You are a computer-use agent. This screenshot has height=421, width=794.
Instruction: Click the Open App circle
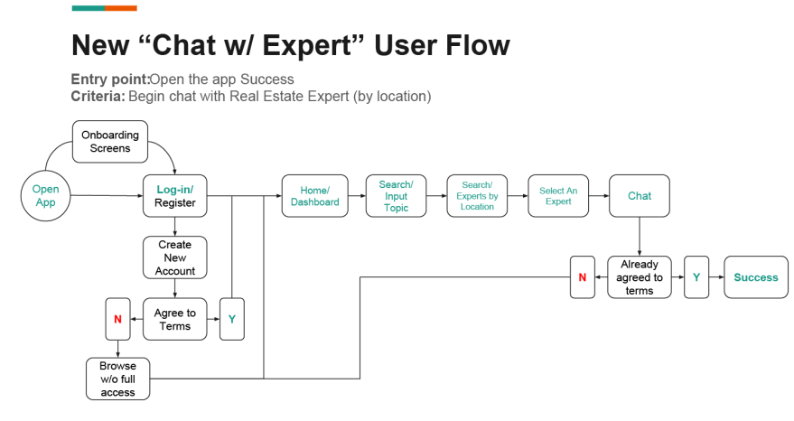click(x=45, y=196)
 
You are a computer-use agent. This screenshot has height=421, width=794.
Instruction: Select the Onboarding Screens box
click(x=111, y=142)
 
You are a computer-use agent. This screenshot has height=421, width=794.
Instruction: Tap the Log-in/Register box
click(x=174, y=196)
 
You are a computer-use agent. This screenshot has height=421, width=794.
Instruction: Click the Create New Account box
click(x=174, y=257)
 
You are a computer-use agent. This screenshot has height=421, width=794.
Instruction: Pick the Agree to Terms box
click(x=174, y=320)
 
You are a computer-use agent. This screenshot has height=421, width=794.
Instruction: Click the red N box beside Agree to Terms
click(x=117, y=319)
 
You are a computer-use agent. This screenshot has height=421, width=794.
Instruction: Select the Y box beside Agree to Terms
click(x=231, y=319)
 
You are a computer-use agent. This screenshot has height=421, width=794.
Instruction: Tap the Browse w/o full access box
click(x=117, y=379)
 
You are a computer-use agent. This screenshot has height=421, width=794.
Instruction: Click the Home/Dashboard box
click(x=314, y=196)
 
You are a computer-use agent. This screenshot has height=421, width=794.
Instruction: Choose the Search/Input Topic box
click(x=396, y=196)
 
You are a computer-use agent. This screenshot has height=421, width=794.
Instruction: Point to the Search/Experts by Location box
click(x=477, y=196)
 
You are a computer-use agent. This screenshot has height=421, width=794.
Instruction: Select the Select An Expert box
click(x=558, y=196)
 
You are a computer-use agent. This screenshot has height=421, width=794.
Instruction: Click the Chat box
click(x=640, y=196)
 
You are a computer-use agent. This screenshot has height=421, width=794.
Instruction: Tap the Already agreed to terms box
click(x=640, y=277)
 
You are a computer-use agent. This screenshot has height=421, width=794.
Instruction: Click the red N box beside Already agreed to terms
click(x=583, y=277)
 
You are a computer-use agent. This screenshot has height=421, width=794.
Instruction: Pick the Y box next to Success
click(x=696, y=277)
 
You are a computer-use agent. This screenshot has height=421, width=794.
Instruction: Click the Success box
click(x=755, y=277)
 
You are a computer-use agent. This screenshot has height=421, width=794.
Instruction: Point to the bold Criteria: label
click(x=98, y=96)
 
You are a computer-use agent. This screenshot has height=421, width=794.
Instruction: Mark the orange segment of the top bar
click(x=120, y=8)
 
